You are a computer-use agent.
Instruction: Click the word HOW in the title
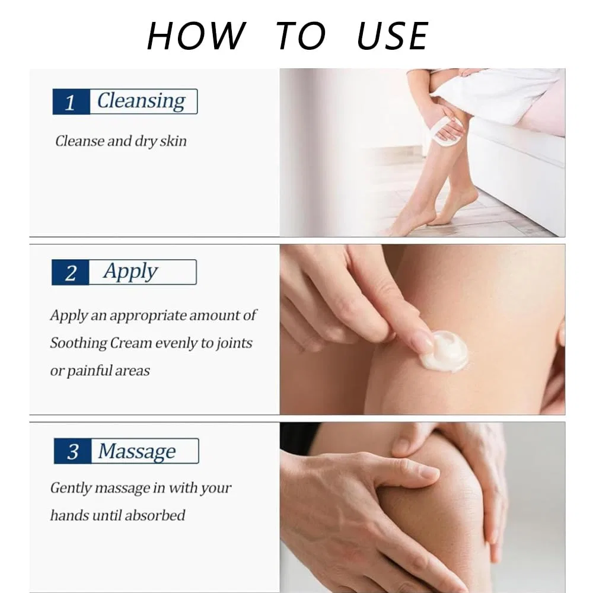(196, 36)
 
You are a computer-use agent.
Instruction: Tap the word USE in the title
(392, 36)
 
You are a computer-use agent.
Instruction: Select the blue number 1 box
(71, 102)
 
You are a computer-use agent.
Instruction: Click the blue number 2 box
(71, 272)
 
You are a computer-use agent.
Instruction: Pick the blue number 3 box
(72, 451)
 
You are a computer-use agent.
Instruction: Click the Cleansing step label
(141, 101)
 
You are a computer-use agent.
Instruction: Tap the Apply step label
(130, 272)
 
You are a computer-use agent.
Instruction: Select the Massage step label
(137, 451)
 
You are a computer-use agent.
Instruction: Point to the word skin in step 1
(173, 141)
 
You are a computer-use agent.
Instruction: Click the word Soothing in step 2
(79, 343)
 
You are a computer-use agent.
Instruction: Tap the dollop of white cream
(445, 350)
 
